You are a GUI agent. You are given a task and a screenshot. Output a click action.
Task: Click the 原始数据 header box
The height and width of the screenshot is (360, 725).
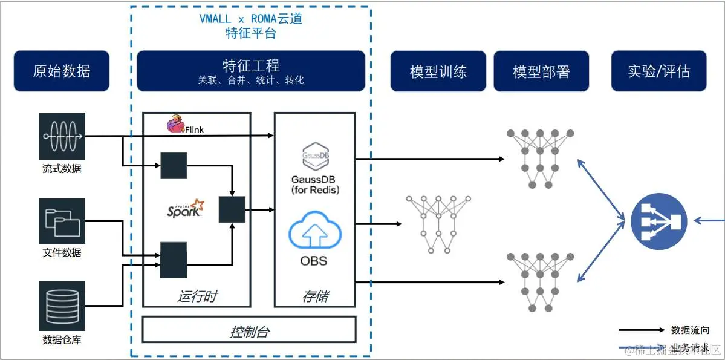click(x=61, y=71)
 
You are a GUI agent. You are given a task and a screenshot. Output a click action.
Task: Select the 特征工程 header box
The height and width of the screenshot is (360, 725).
click(x=251, y=71)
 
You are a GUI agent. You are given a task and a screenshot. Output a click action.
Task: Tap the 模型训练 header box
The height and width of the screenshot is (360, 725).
click(x=438, y=71)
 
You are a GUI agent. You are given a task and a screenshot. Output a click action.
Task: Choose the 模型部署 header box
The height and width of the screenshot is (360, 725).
click(x=541, y=71)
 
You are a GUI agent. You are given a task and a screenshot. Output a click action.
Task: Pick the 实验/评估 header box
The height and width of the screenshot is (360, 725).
click(x=658, y=71)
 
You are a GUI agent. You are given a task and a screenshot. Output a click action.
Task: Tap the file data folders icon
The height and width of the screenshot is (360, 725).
click(x=62, y=221)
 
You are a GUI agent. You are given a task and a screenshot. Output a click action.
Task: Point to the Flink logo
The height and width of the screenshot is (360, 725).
click(x=184, y=126)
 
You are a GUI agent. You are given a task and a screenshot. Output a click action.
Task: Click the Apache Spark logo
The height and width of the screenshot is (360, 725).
click(x=185, y=209)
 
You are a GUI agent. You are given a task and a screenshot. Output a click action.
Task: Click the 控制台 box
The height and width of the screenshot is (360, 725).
click(x=249, y=330)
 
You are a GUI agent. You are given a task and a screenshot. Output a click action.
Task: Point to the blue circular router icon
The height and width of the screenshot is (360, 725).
click(x=658, y=221)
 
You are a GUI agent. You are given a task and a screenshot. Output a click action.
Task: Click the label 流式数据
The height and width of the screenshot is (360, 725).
click(x=62, y=169)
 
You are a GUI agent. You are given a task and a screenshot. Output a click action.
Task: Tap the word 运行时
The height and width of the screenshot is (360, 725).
click(x=197, y=296)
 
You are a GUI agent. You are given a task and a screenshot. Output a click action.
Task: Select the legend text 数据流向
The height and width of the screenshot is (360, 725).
click(x=690, y=330)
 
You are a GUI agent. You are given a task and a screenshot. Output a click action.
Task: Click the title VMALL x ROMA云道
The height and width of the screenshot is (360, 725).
click(x=250, y=19)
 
